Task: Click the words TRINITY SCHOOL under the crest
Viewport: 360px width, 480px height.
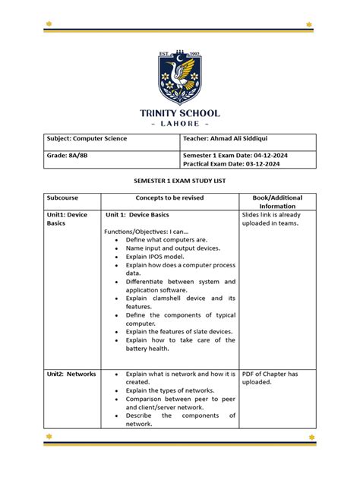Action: pyautogui.click(x=179, y=113)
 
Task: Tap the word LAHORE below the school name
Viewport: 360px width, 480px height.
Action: pyautogui.click(x=179, y=124)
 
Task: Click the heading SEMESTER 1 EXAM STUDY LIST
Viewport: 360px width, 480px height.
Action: pyautogui.click(x=180, y=183)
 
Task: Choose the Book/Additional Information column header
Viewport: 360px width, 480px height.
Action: pyautogui.click(x=276, y=202)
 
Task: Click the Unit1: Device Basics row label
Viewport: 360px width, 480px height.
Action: pyautogui.click(x=67, y=219)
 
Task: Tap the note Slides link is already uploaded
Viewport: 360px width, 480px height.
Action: pyautogui.click(x=271, y=219)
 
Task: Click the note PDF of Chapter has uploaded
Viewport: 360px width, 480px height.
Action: pyautogui.click(x=270, y=379)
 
